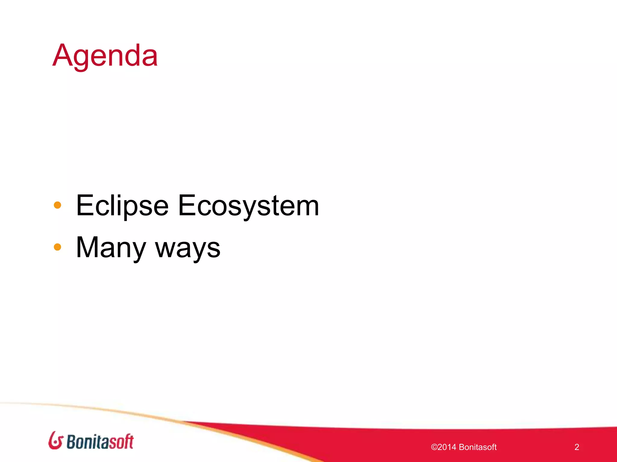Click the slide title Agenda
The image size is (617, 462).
105,56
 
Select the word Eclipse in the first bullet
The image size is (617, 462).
122,206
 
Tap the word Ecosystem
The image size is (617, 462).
248,206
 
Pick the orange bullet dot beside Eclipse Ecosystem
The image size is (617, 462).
57,205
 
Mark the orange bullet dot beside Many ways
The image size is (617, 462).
57,247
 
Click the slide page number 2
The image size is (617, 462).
577,447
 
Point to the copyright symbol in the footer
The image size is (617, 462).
434,447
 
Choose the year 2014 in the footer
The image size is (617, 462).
446,447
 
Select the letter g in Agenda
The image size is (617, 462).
81,59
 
